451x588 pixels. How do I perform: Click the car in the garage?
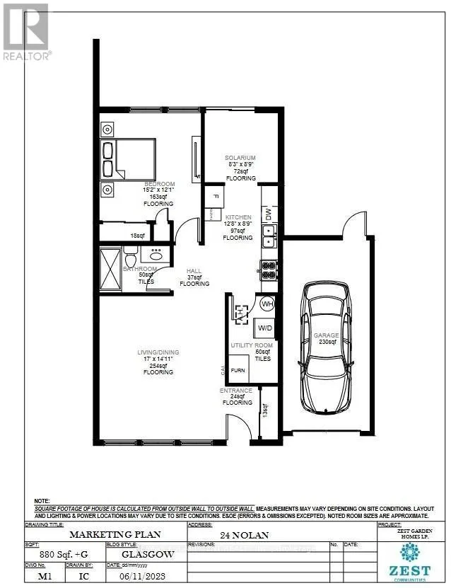[326, 347]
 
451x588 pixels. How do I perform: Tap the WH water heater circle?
[267, 304]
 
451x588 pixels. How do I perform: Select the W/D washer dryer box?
[264, 328]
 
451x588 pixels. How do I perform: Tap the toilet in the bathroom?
[129, 253]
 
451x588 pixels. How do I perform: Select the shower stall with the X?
[110, 270]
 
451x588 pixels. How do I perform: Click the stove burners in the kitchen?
[269, 269]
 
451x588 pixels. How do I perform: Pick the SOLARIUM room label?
[240, 157]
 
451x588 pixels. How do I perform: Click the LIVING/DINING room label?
[158, 352]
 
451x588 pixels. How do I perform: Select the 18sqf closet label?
[138, 236]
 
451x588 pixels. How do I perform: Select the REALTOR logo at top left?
[26, 32]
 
